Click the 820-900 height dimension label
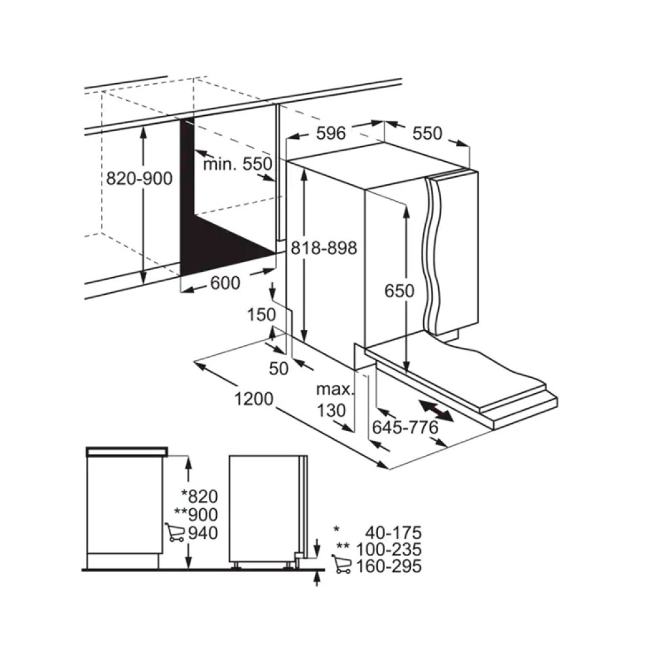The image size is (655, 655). point(139,178)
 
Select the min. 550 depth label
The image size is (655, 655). point(237,164)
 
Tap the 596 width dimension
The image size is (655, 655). point(331,134)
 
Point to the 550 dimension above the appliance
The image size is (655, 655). point(428,134)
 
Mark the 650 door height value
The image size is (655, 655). point(400,290)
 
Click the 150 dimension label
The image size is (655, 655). point(261,315)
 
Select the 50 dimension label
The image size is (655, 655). point(279,369)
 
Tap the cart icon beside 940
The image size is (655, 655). point(175,532)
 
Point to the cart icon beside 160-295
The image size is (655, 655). point(342,564)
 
